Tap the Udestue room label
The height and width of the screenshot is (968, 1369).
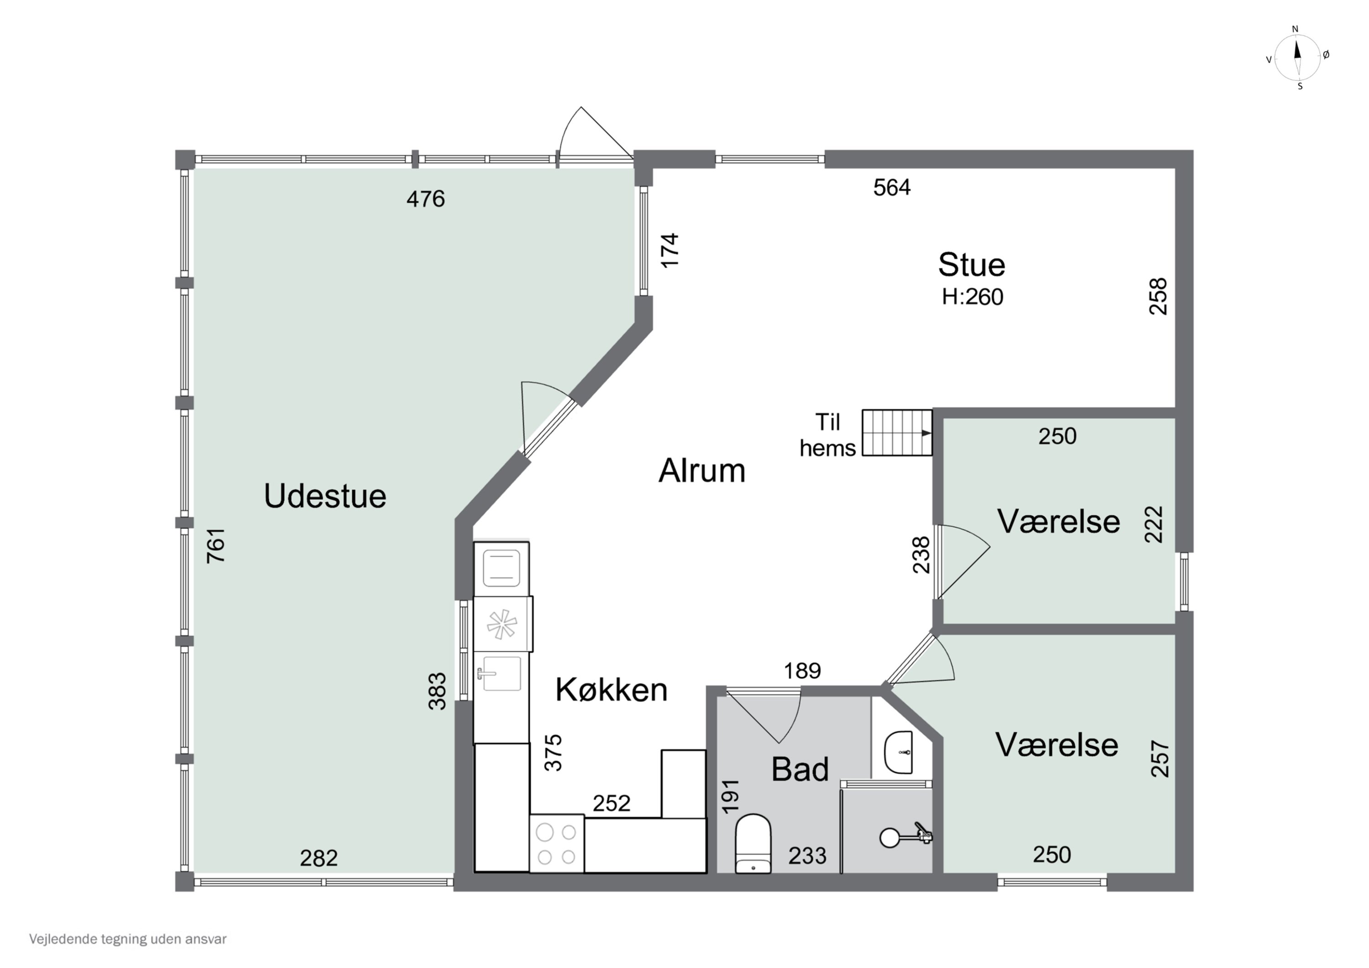point(325,496)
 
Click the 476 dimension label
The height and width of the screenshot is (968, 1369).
point(425,199)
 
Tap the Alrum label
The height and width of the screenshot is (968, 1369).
point(702,471)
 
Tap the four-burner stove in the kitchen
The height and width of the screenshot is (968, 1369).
point(556,843)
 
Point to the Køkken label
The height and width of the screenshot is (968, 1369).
point(611,690)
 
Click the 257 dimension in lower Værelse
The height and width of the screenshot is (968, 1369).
point(1160,758)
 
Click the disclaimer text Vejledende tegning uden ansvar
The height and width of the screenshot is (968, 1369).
point(128,939)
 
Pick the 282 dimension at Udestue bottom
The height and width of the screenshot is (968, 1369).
point(319,858)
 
